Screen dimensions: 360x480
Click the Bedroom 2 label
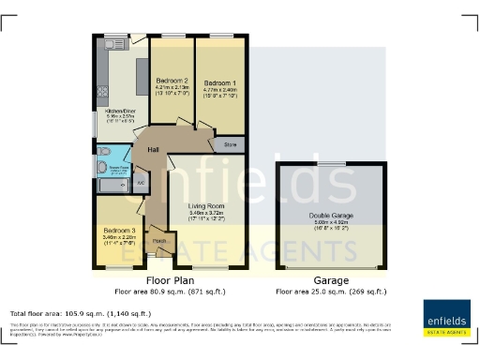(x=172, y=81)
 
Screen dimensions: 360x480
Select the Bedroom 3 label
(x=119, y=231)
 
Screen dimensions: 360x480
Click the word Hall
(x=154, y=152)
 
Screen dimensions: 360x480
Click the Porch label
(x=158, y=241)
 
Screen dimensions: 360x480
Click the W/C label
(x=140, y=183)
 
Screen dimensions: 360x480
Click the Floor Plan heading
(x=170, y=280)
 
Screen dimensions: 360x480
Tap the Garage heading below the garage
(x=331, y=280)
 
